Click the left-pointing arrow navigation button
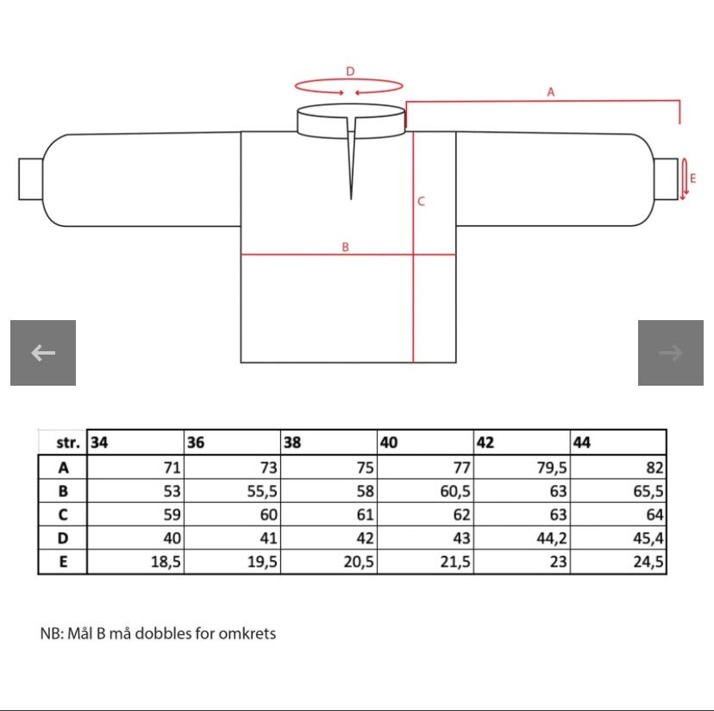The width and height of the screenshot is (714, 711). [43, 353]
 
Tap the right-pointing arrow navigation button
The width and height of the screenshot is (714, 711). [670, 353]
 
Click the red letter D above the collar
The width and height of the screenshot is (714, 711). [350, 72]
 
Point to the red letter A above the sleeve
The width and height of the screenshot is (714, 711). [551, 92]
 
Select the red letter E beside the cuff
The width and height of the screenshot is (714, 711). [692, 179]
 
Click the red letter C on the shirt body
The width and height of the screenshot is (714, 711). [421, 201]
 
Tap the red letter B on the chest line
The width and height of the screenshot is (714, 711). [345, 247]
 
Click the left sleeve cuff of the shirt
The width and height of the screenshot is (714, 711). [30, 179]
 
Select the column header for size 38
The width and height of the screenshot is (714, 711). [292, 443]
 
